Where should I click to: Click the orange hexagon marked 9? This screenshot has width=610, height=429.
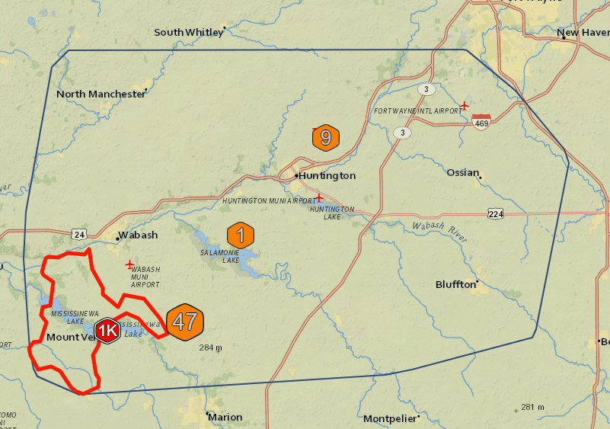(x=326, y=138)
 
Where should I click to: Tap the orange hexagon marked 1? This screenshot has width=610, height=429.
(x=241, y=235)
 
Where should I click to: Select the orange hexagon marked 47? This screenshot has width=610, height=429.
(x=185, y=321)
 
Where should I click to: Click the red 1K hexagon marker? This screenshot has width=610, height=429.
(x=109, y=331)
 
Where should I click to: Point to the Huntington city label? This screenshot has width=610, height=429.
(x=327, y=175)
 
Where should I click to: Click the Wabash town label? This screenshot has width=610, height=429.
(x=137, y=235)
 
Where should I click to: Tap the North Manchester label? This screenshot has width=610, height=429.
(x=101, y=94)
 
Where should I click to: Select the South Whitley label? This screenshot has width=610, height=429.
(x=189, y=32)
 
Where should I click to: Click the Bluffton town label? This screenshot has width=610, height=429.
(x=455, y=284)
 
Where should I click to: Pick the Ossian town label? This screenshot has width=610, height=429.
(x=462, y=171)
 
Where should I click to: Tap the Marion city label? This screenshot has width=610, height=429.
(x=225, y=417)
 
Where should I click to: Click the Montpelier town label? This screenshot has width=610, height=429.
(x=389, y=419)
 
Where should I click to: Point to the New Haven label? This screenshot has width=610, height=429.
(x=583, y=33)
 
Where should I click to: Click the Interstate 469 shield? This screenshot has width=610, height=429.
(x=481, y=122)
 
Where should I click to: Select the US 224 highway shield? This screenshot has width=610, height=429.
(x=496, y=214)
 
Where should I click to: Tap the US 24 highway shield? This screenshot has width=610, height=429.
(x=79, y=233)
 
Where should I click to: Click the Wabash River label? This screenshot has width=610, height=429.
(x=437, y=230)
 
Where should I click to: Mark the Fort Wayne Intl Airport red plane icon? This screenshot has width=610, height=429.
(x=465, y=104)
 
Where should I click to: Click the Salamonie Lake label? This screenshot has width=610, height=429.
(x=220, y=256)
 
